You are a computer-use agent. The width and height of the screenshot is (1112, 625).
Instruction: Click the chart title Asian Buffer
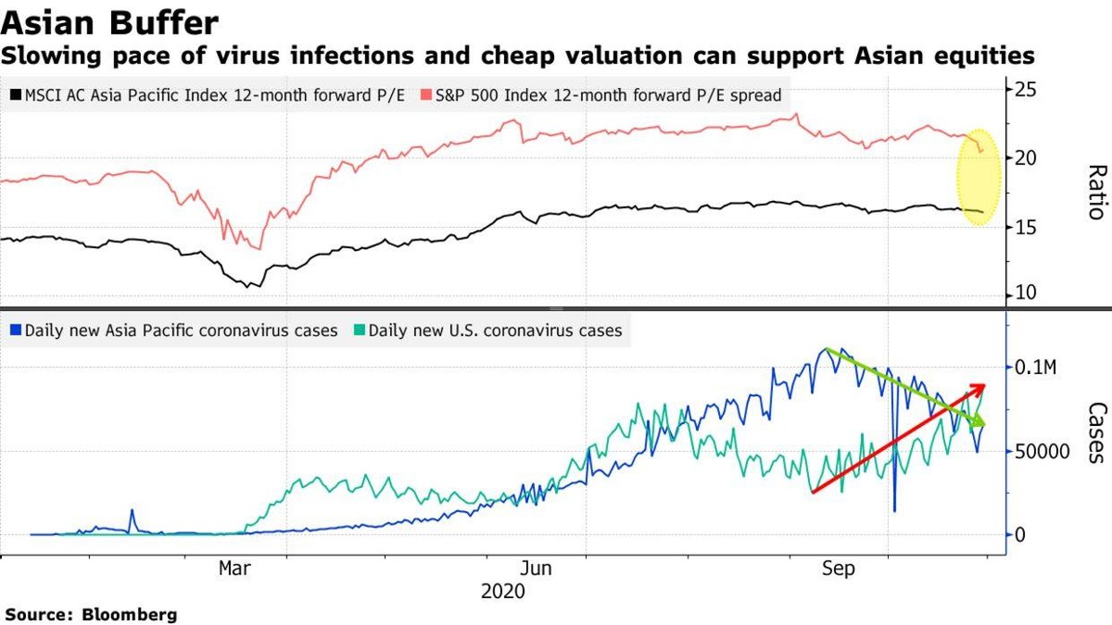[109, 21]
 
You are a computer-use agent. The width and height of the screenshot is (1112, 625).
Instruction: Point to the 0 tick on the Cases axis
[1021, 535]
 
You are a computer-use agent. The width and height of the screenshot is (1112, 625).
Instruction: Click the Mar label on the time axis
[234, 569]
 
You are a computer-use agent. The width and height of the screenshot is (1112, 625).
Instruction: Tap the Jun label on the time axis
[537, 569]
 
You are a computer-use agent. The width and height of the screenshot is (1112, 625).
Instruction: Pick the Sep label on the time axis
[839, 569]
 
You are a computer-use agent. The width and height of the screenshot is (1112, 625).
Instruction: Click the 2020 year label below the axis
[503, 590]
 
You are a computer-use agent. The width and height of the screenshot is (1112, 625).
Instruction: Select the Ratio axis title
[1095, 192]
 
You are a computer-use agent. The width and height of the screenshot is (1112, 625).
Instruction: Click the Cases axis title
[1095, 431]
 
